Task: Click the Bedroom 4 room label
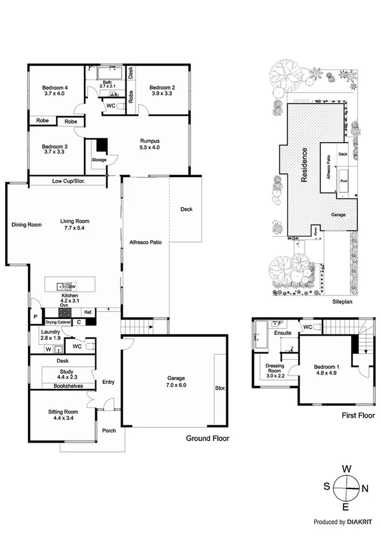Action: point(55,87)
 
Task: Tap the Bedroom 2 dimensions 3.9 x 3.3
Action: point(162,94)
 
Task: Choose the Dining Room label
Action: point(26,224)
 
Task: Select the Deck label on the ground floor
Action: point(186,210)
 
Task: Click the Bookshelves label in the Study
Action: point(66,386)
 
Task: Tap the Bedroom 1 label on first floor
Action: point(327,367)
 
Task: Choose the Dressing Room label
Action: point(275,371)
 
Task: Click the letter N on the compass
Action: point(365,488)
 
